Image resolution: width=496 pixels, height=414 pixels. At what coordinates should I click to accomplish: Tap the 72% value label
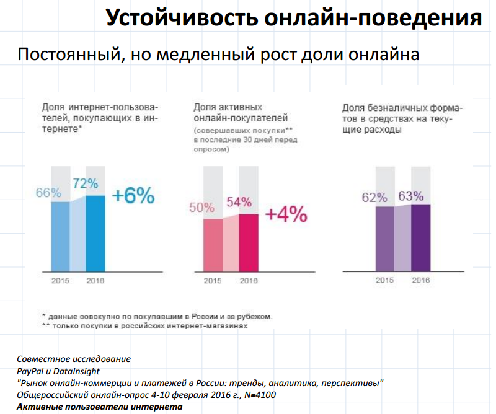(84, 183)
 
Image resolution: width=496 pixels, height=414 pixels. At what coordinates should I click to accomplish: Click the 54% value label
(239, 202)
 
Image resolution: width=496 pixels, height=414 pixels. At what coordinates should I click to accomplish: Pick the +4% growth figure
(286, 214)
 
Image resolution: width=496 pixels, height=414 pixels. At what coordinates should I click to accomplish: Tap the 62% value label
(374, 198)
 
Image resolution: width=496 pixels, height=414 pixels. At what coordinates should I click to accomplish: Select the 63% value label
(411, 196)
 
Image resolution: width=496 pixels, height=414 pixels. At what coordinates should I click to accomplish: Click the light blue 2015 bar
(60, 236)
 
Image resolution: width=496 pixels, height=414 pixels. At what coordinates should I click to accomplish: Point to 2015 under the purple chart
(384, 280)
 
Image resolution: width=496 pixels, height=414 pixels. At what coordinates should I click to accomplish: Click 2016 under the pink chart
(248, 280)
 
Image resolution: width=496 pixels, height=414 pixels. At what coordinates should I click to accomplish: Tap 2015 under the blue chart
(60, 280)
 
